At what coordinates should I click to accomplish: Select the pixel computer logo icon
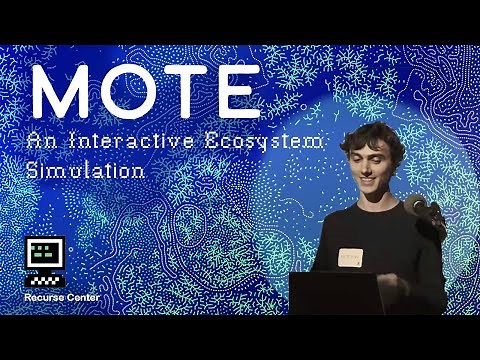click(44, 258)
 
